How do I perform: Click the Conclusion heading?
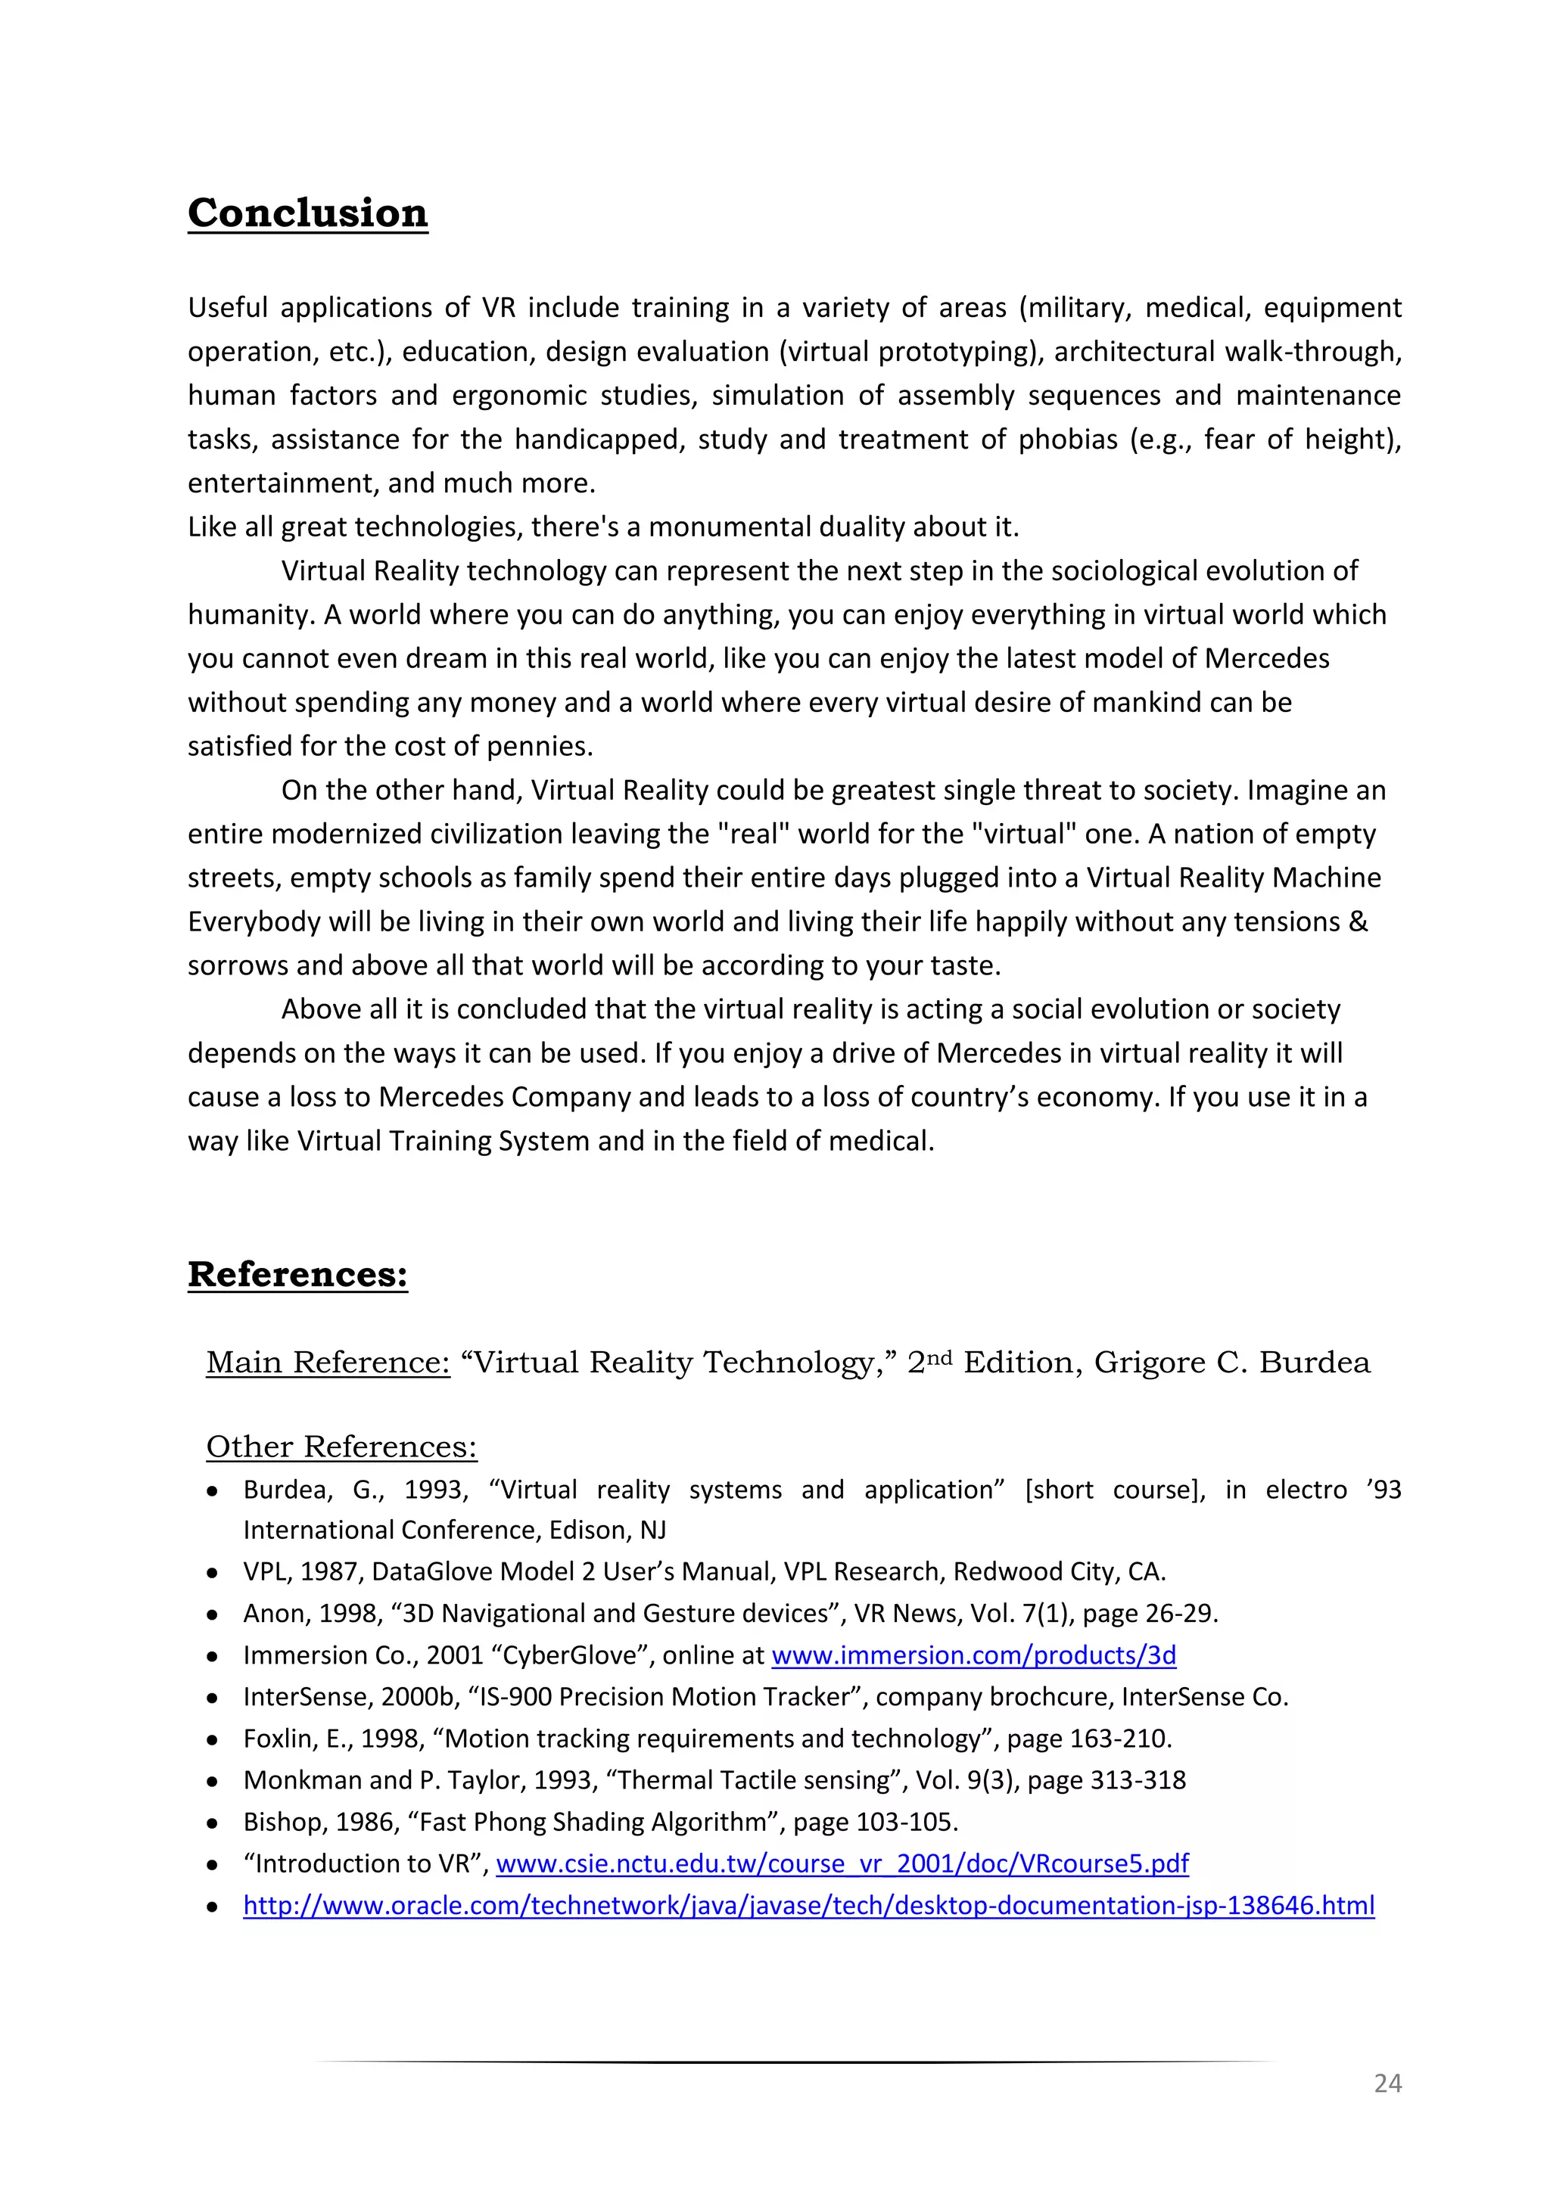tap(307, 212)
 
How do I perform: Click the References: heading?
tap(297, 1274)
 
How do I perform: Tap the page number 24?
tap(1387, 2083)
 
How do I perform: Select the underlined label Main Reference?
tap(328, 1362)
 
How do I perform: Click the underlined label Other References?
tap(341, 1447)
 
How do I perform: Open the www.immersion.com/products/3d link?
tap(973, 1655)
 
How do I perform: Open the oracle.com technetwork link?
tap(808, 1906)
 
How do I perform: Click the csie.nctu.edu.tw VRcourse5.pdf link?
tap(842, 1863)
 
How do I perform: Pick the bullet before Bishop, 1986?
tap(213, 1823)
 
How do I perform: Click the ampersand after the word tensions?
tap(1359, 921)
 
